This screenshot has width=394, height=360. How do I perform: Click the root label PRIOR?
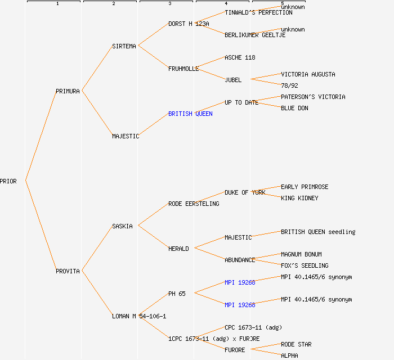point(8,181)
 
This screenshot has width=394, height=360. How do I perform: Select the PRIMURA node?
point(68,91)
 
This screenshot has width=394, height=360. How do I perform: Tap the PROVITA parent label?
point(68,271)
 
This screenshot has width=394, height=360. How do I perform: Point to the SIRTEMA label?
point(124,46)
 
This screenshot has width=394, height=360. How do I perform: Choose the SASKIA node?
point(122,226)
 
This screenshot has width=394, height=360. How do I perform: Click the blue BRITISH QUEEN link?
point(190,114)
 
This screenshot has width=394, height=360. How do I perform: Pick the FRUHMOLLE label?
point(183,69)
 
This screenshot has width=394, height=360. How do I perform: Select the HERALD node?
point(178,249)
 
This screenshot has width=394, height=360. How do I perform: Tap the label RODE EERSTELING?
point(194,204)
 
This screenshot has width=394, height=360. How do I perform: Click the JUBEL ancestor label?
point(233,80)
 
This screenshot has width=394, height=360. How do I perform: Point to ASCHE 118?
point(240,57)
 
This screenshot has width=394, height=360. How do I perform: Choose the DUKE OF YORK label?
point(245,192)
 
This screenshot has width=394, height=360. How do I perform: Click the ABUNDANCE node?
point(240,260)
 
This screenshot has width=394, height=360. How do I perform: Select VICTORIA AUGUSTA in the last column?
point(308,74)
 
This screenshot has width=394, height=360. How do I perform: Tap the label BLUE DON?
point(294,108)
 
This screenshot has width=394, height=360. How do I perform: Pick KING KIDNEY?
point(299,198)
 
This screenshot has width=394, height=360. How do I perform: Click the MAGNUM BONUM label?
point(301,254)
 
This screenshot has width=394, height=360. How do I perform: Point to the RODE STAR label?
point(296,344)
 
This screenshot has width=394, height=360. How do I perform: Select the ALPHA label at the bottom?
point(289,355)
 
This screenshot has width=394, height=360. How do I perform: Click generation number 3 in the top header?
point(169,4)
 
